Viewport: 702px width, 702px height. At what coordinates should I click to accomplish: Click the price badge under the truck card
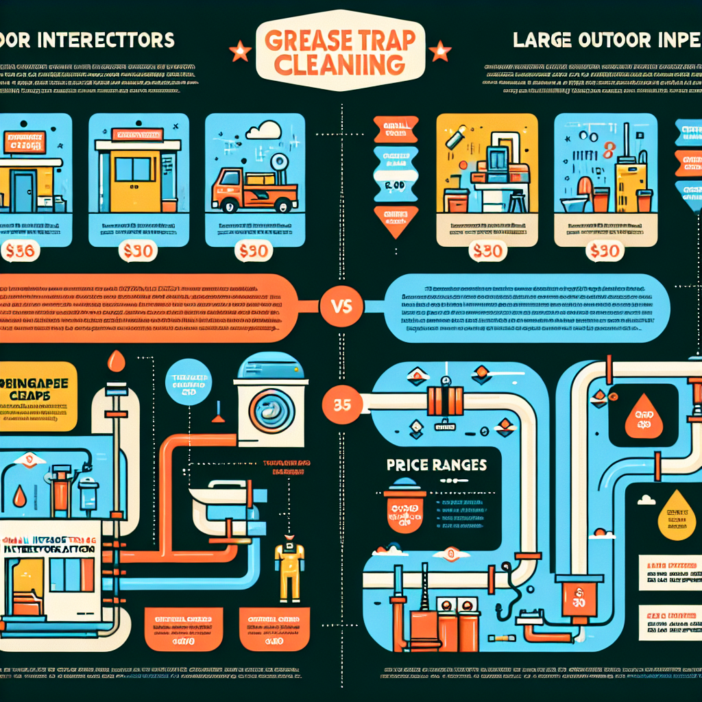254,252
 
